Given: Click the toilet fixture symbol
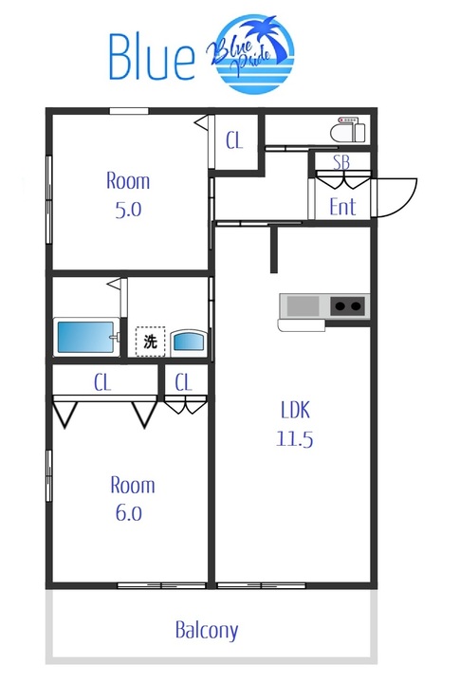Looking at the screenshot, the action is [x=348, y=129].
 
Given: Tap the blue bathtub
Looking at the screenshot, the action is [x=86, y=337].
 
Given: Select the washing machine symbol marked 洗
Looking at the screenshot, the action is [x=150, y=341].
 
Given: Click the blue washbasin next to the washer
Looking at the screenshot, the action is [x=188, y=341].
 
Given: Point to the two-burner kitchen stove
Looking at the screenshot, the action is [x=347, y=305].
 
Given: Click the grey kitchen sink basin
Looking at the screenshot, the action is [x=304, y=305].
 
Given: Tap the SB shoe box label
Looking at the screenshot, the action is [x=341, y=162].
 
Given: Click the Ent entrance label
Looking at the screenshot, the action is [x=342, y=207].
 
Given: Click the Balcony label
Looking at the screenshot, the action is [x=207, y=630].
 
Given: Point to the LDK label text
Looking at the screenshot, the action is [x=295, y=410].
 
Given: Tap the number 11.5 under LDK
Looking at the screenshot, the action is [x=295, y=438].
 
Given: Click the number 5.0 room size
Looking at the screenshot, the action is [x=128, y=210].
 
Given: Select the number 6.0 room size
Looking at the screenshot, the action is [x=129, y=512].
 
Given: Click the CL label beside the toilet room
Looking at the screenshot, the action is [x=234, y=140].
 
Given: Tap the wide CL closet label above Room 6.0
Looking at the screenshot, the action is [x=102, y=382].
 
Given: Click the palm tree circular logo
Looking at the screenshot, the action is [x=252, y=53].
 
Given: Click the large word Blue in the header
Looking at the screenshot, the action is [x=152, y=56].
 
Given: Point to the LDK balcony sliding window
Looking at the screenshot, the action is [x=261, y=586].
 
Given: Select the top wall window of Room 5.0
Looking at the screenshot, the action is [x=128, y=111].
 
